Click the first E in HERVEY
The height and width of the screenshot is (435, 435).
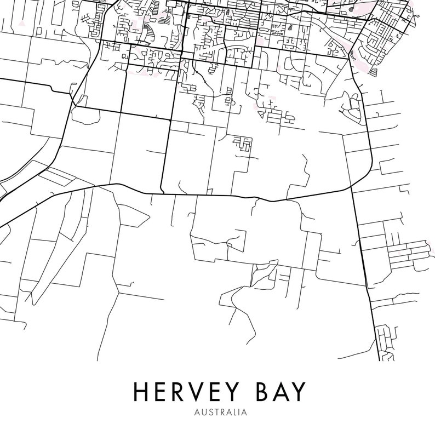coord(157,392)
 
